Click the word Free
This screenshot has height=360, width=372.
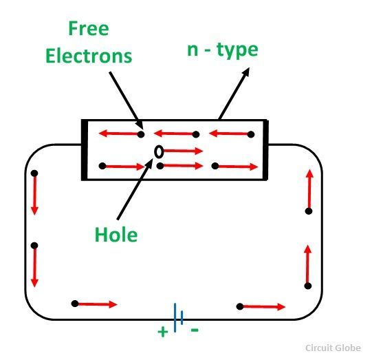[89, 28]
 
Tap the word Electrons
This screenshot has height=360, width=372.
[89, 56]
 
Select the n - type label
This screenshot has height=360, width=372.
[223, 50]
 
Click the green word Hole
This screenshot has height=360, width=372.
[116, 235]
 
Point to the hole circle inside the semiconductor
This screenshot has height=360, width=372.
[159, 151]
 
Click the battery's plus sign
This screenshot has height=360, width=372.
[163, 332]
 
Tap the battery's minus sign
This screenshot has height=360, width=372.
[195, 330]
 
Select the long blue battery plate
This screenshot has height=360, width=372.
[175, 317]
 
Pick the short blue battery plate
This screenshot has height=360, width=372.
[182, 317]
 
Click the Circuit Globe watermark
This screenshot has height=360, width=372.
[333, 348]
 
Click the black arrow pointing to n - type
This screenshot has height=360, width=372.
[234, 94]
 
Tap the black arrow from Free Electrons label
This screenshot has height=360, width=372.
[127, 100]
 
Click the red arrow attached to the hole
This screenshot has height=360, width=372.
[183, 151]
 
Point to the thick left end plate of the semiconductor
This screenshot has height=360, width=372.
[85, 150]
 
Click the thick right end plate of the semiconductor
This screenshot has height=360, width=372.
[265, 150]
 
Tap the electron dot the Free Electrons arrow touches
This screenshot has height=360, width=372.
[141, 135]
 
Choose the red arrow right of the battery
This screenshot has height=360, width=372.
[264, 307]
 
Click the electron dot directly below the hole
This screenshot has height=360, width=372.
[160, 166]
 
